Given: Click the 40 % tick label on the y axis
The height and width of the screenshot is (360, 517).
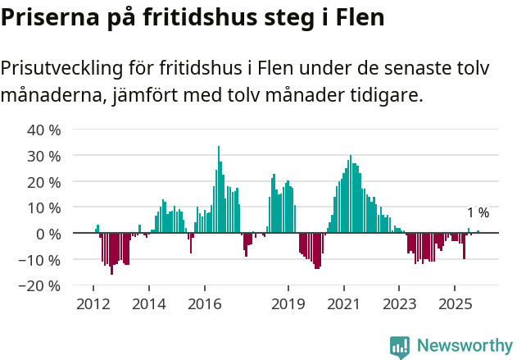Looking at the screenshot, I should click(44, 130).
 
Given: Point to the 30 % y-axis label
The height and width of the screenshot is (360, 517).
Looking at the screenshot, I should click(44, 156).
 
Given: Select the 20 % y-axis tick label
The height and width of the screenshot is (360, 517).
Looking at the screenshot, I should click(44, 182).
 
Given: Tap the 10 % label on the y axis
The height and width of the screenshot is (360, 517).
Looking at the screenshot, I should click(44, 207).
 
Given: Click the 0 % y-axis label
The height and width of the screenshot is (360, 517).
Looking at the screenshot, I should click(48, 234).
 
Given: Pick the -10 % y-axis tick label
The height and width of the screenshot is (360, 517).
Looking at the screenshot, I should click(41, 260).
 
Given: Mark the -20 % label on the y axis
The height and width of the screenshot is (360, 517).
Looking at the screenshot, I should click(41, 286).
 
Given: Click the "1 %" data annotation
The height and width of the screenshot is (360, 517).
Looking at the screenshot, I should click(478, 213).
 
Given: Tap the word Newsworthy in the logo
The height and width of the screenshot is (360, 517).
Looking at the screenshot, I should click(464, 346).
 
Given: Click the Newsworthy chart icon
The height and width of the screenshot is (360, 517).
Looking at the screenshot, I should click(400, 347).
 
